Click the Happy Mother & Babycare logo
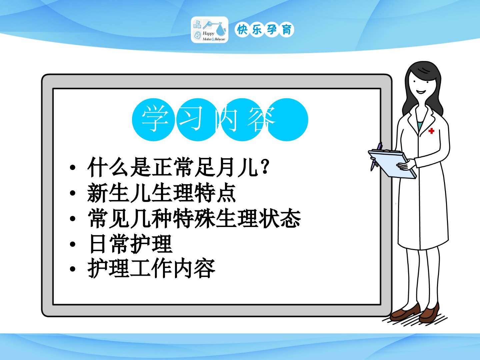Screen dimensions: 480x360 (x=209, y=30)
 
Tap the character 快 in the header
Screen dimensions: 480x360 (x=242, y=30)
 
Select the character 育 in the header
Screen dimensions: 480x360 (x=287, y=30)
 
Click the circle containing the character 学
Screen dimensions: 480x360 (x=153, y=120)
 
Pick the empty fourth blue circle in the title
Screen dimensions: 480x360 (x=287, y=120)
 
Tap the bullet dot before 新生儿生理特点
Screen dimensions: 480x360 (x=73, y=193)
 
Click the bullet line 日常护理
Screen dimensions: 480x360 (x=131, y=244)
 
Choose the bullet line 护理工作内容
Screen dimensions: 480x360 (x=151, y=269)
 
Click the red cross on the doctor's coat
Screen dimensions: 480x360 (x=431, y=131)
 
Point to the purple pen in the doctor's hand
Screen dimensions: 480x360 (x=376, y=156)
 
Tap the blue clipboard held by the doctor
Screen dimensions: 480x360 (x=392, y=163)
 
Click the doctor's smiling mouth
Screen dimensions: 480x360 (x=421, y=92)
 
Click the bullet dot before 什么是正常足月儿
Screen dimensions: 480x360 (x=73, y=167)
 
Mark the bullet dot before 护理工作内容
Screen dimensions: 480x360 (x=73, y=269)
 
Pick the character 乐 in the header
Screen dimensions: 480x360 (x=257, y=30)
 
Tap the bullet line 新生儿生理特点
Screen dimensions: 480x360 (x=162, y=193)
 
